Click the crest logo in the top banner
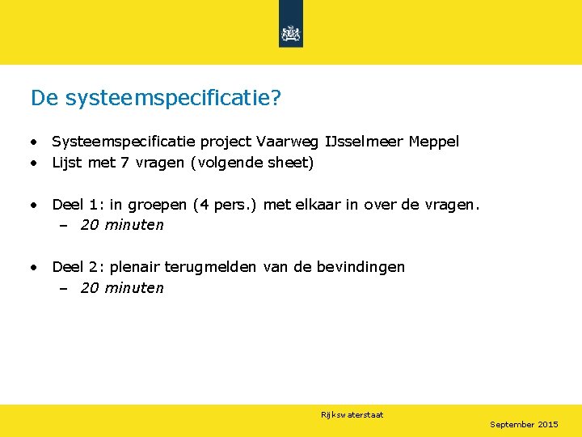coord(290,33)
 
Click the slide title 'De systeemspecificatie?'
coord(155,98)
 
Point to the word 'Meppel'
coord(434,142)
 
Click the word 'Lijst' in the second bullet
coord(67,163)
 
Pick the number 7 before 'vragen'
coord(125,163)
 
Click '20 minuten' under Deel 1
coord(122,225)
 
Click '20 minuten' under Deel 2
coord(122,288)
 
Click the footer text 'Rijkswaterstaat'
coord(352,415)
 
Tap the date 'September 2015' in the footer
coord(524,424)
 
